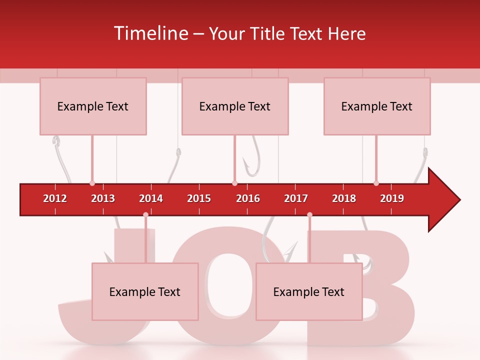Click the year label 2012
tap(55, 198)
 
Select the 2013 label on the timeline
tap(103, 198)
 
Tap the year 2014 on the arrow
tap(151, 198)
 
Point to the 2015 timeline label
tap(199, 198)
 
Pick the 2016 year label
tap(248, 198)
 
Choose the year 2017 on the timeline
tap(296, 198)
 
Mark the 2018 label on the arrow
tap(344, 198)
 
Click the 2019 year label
tap(392, 198)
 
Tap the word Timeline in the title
tap(151, 33)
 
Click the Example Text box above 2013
tap(93, 106)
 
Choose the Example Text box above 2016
tap(235, 106)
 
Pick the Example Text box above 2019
tap(377, 106)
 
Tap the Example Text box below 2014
tap(145, 291)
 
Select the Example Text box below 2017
tap(309, 291)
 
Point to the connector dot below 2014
tap(145, 215)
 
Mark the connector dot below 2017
tap(309, 215)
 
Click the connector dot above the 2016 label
tap(234, 183)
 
